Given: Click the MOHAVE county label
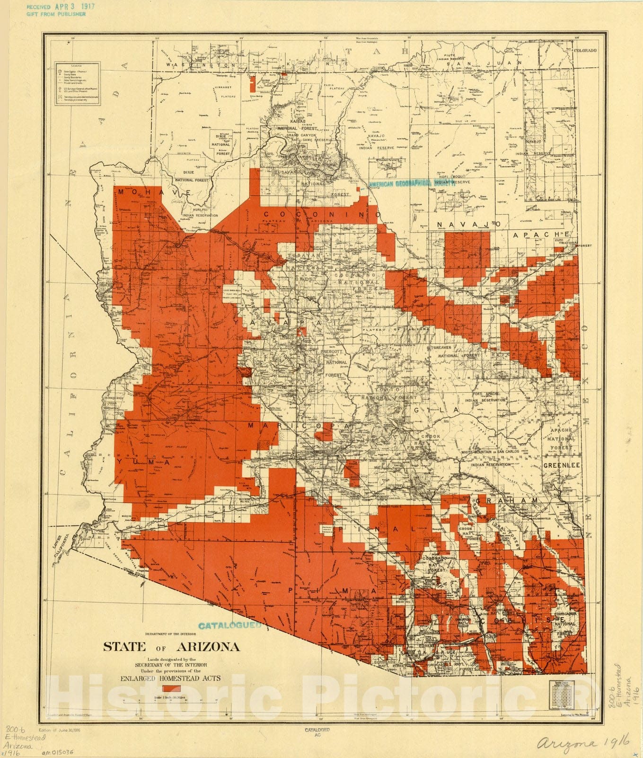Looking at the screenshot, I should (154, 192).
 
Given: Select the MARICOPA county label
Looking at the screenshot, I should (299, 426).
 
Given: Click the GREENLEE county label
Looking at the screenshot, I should (561, 466).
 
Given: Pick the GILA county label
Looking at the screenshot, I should (436, 409).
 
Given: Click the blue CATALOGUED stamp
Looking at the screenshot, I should (230, 625).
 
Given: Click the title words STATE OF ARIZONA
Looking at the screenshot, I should (171, 647).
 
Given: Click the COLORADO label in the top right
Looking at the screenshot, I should (585, 50).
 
